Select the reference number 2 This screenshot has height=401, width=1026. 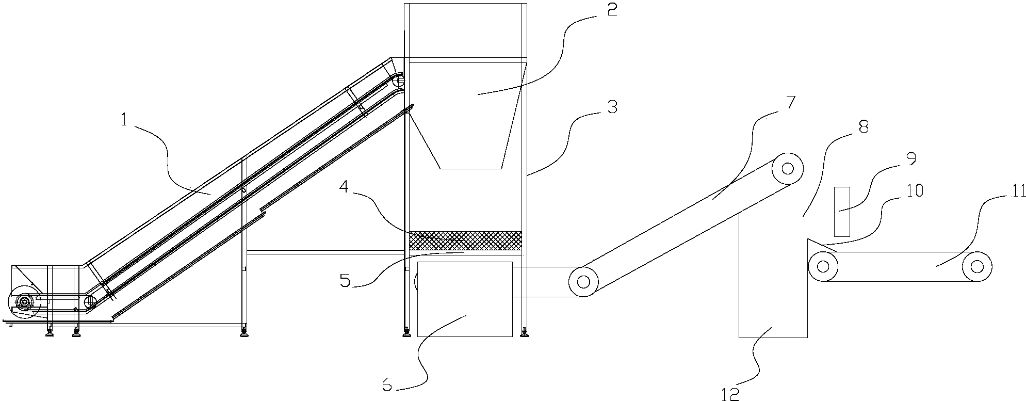[x=612, y=10]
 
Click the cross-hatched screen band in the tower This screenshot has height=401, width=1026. [x=465, y=240]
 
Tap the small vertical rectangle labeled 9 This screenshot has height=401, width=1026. [x=842, y=212]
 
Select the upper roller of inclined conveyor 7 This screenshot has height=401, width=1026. [x=788, y=168]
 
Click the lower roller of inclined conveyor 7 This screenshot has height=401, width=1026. [x=583, y=282]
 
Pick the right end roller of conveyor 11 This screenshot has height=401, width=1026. [x=976, y=266]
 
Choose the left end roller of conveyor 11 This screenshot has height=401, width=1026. [x=823, y=266]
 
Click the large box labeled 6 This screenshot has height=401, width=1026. [x=465, y=299]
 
